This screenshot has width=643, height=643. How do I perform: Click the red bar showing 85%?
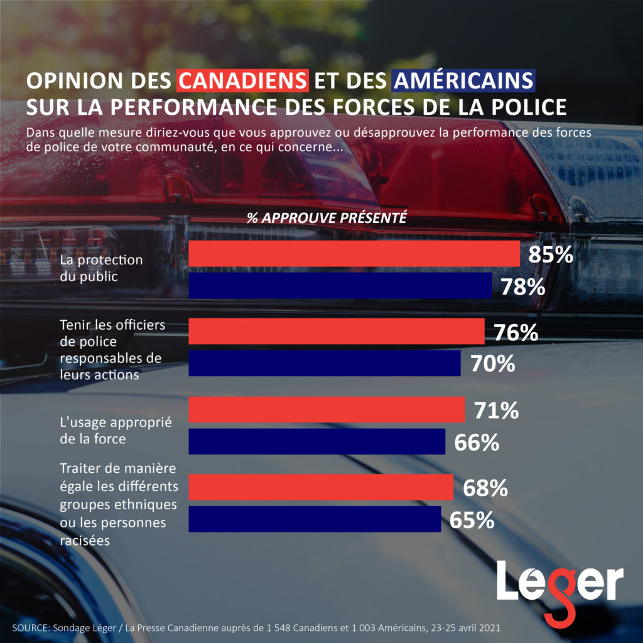coord(354,254)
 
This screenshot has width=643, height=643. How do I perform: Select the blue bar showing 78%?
coord(340,286)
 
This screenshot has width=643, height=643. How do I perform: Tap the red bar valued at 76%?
coord(336,332)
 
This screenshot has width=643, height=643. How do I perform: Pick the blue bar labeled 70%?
coord(324,364)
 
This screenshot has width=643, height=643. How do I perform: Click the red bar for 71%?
coord(327,410)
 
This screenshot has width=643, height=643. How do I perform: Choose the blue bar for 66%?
coord(316,441)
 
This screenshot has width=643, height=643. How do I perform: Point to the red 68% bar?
coord(320,487)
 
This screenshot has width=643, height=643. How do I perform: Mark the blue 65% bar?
coord(314,519)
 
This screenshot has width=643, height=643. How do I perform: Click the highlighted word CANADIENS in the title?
coord(242,82)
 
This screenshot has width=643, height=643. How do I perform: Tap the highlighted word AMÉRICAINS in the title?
coord(463,82)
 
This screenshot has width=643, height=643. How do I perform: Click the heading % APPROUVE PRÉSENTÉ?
coord(327,219)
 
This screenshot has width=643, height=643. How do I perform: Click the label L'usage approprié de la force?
coord(107,430)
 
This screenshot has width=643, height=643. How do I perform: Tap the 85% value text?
coord(551,255)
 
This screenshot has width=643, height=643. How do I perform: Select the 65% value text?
coord(472,521)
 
